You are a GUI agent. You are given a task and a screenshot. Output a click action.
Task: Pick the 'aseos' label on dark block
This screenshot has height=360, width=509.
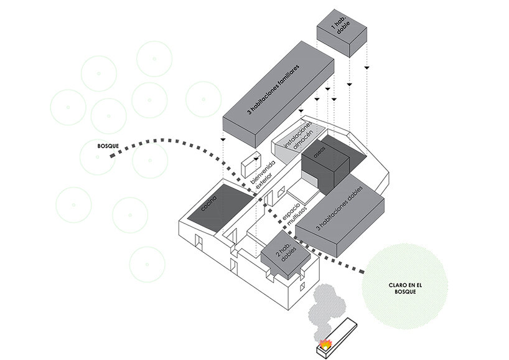pos(321,154)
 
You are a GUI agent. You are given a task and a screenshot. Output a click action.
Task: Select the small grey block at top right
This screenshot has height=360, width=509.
pos(342,32)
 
